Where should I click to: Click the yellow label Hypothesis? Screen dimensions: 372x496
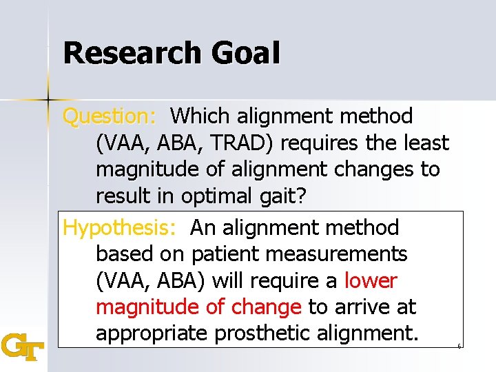coord(123,227)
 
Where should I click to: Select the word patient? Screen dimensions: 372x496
coord(225,254)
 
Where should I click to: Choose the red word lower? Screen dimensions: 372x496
coord(371,281)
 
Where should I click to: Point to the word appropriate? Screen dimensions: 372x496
coord(152,333)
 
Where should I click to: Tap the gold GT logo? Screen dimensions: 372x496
coord(23,346)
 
